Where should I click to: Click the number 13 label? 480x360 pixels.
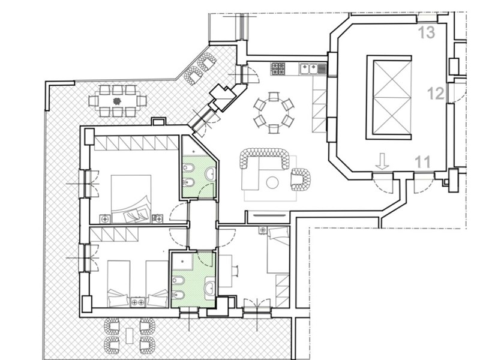426,32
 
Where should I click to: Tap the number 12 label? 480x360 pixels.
436,94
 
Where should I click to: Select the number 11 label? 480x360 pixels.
423,162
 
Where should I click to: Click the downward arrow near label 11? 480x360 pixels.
382,161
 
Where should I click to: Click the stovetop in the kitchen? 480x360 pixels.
278,68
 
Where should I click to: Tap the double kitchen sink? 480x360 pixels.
309,68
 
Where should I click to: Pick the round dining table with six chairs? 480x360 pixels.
274,112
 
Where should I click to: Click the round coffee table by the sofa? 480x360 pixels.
272,183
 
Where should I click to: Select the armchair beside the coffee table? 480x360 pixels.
301,179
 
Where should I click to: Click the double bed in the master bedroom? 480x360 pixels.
131,199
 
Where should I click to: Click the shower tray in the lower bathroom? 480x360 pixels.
182,261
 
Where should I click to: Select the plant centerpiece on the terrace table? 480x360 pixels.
116,101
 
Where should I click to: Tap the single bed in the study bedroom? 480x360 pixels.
278,250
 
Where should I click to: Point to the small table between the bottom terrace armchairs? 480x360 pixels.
130,335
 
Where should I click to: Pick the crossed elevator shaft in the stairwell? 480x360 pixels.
392,97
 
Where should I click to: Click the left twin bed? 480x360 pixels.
118,284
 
